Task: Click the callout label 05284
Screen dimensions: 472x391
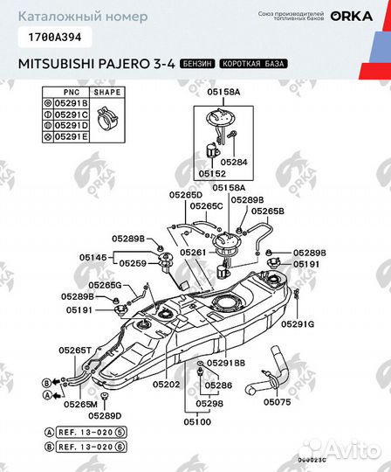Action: point(233,162)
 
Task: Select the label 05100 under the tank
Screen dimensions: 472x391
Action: point(197,421)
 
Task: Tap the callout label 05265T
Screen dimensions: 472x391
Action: point(75,350)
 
